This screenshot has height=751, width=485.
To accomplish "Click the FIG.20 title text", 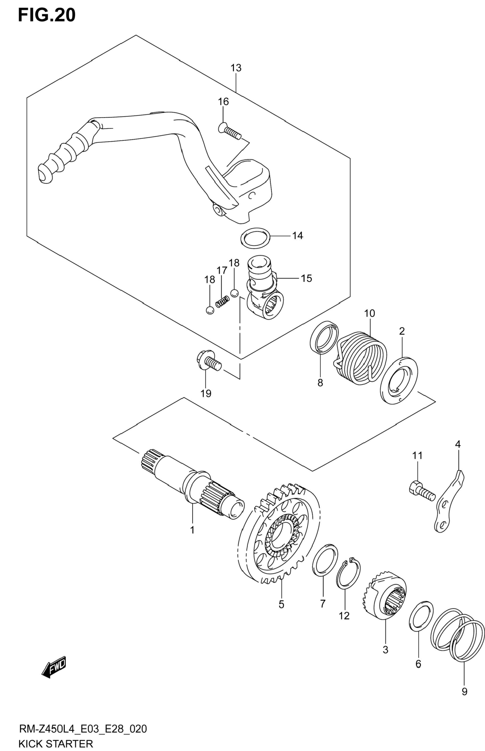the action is click(47, 15).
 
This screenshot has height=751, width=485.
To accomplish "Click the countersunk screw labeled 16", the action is click(230, 132).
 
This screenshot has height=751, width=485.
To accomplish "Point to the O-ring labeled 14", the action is click(255, 236).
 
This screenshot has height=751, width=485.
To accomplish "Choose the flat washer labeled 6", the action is click(421, 617).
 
